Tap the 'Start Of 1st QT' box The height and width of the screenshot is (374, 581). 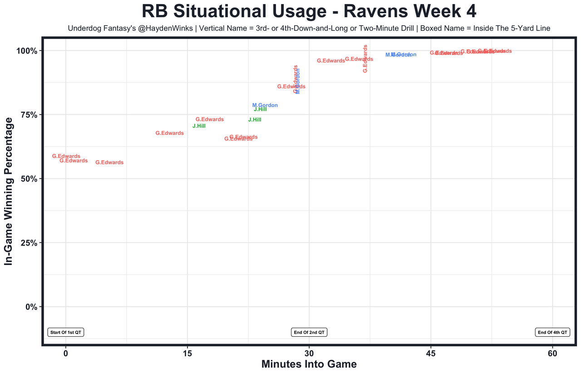(x=66, y=332)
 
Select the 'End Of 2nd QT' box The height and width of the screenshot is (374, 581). (x=309, y=332)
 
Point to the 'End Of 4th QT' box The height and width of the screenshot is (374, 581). (x=552, y=332)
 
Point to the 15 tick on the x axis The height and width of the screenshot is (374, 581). (x=187, y=353)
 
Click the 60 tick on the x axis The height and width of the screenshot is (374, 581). (x=552, y=353)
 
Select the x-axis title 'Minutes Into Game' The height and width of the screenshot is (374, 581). (x=309, y=364)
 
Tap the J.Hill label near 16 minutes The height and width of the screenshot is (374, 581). (x=199, y=126)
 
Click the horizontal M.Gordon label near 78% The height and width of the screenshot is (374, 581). (x=265, y=105)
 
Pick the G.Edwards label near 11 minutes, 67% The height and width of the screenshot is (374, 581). (x=170, y=133)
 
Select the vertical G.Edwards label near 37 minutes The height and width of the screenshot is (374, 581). (x=365, y=59)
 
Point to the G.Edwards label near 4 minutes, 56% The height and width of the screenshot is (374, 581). (x=109, y=162)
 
